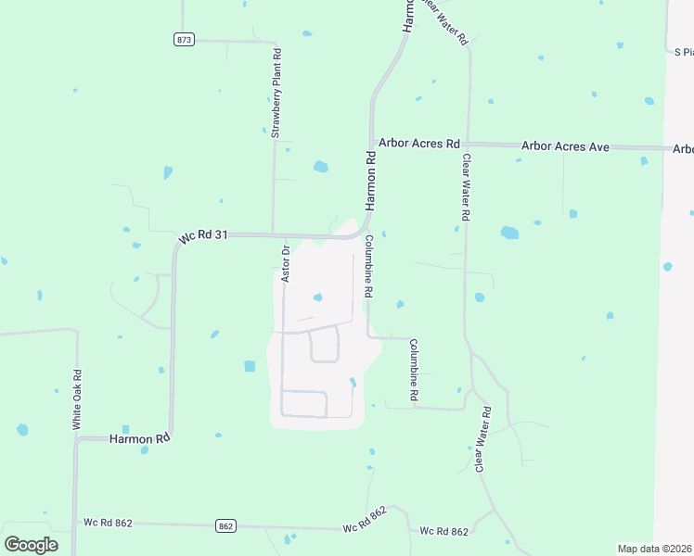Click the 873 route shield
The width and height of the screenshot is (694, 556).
[185, 40]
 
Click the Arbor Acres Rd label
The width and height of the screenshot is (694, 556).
[419, 145]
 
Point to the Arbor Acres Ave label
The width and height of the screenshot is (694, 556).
[565, 146]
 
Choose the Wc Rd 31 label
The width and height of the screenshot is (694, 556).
[203, 236]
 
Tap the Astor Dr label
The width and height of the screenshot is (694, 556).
[287, 263]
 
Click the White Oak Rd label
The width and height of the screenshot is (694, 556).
[78, 399]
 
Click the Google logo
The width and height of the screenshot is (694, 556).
[32, 544]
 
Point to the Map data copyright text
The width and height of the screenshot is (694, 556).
[655, 549]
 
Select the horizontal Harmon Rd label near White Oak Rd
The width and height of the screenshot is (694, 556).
[140, 437]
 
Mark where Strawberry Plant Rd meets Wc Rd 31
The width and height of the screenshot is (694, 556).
[272, 235]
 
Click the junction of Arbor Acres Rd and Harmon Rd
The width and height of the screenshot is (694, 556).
[372, 145]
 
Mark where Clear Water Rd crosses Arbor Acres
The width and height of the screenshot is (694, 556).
[466, 145]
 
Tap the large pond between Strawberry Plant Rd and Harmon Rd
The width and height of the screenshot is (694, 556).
[320, 167]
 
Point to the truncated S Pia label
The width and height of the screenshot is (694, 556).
[683, 52]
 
